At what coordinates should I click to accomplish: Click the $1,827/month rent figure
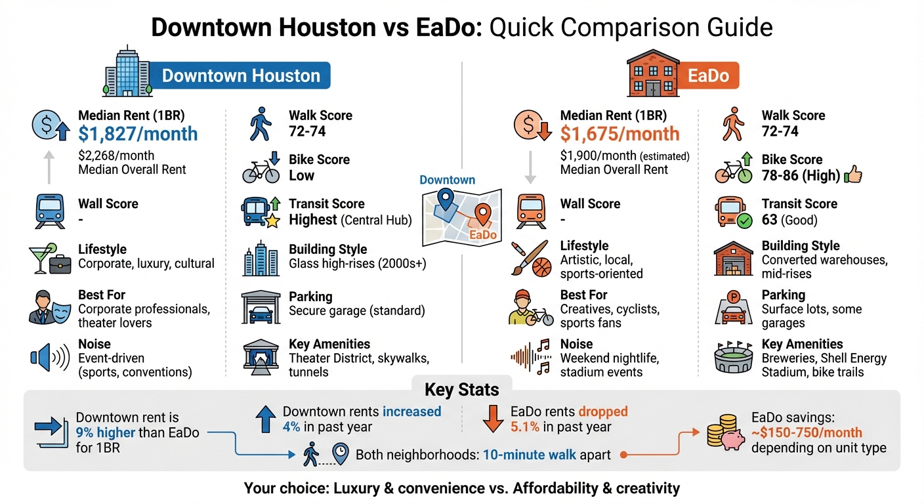click(138, 134)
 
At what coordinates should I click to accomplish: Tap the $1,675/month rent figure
click(619, 134)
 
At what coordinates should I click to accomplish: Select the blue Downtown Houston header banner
click(241, 75)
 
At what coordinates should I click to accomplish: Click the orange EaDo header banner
click(708, 75)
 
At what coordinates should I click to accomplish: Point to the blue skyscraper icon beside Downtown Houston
click(127, 72)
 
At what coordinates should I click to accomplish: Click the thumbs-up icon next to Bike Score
click(854, 175)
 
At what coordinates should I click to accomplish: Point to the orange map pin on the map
click(483, 214)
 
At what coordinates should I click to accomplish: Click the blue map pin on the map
click(446, 198)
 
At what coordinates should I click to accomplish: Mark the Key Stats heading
click(462, 390)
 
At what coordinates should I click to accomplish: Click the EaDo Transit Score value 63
click(770, 220)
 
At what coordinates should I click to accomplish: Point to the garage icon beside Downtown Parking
click(260, 304)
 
